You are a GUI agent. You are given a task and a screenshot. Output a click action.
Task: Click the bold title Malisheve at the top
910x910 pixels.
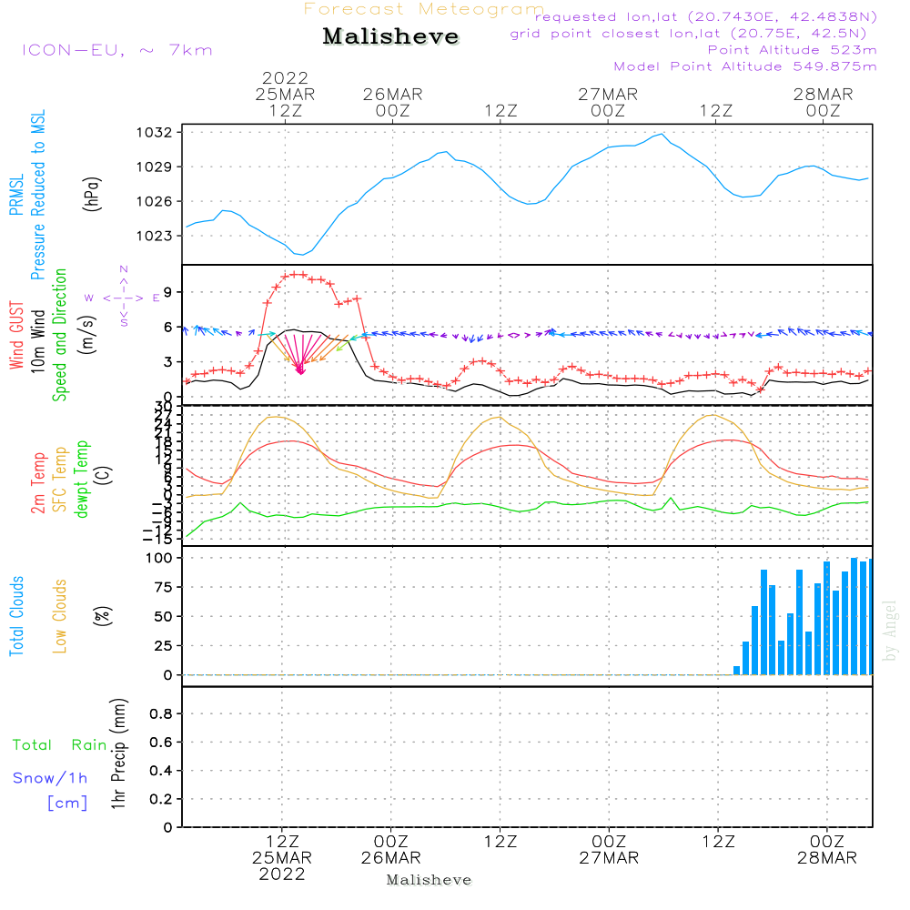(390, 36)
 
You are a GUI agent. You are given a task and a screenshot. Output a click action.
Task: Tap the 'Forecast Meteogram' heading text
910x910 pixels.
(424, 9)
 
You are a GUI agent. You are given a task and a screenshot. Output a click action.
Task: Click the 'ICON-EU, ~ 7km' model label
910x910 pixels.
(116, 50)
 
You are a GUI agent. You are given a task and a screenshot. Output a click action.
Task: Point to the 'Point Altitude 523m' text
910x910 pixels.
(792, 50)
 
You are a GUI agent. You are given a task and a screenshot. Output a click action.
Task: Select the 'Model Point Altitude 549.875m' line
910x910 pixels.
(745, 66)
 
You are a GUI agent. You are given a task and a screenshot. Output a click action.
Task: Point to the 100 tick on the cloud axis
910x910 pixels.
(159, 558)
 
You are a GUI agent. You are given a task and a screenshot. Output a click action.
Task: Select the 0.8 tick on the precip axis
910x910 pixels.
(160, 714)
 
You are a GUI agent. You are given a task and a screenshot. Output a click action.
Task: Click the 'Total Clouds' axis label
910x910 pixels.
(16, 616)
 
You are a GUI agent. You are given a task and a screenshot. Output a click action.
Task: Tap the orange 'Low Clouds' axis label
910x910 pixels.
(60, 616)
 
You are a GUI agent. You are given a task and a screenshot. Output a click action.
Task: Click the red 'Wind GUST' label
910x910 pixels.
(16, 336)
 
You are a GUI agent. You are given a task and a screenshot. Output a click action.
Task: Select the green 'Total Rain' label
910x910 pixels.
(59, 745)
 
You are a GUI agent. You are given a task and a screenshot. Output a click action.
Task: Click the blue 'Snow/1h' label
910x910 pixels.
(50, 779)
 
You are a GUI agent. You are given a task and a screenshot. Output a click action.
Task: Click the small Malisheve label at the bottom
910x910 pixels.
(429, 880)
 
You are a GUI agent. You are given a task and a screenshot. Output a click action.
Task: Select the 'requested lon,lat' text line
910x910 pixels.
(706, 17)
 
